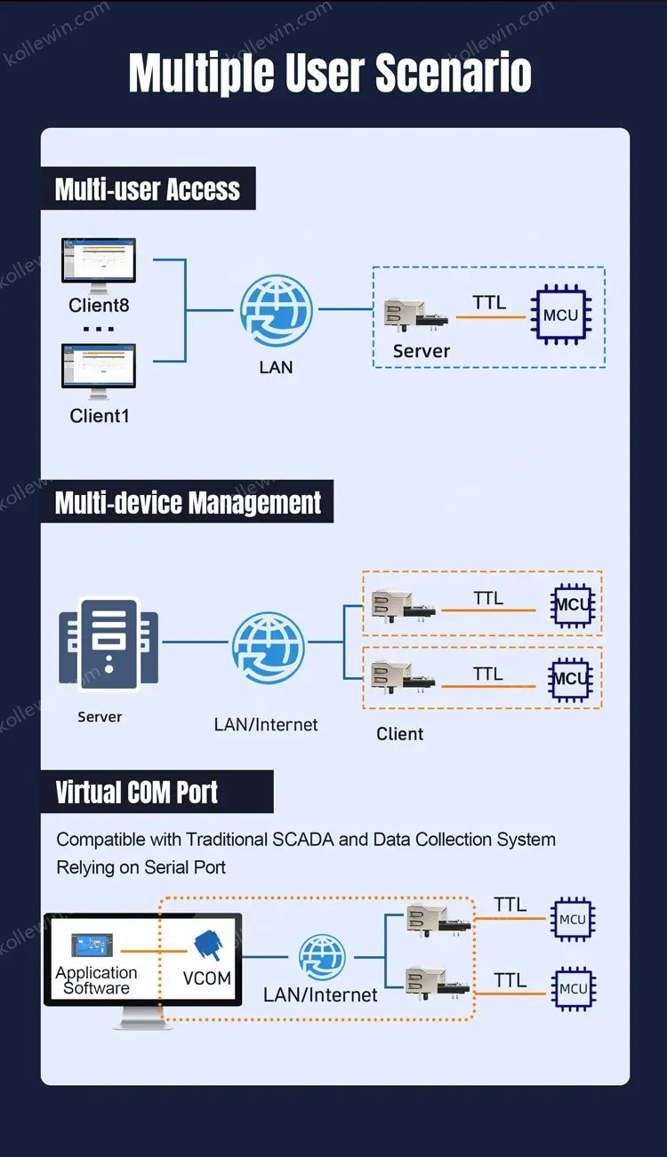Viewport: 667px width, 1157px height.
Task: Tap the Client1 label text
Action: (100, 416)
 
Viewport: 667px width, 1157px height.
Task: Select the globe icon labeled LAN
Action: (276, 310)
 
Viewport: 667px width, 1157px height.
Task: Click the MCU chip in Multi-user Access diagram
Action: (561, 315)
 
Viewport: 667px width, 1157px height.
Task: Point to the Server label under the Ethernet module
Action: (422, 351)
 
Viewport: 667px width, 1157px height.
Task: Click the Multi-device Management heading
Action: (188, 503)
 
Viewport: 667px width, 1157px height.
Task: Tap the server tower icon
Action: (108, 643)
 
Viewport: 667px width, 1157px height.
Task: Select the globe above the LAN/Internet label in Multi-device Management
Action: (268, 648)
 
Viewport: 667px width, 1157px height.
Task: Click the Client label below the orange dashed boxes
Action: (399, 733)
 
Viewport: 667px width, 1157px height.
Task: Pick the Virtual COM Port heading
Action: (136, 792)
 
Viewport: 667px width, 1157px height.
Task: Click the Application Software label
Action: (96, 980)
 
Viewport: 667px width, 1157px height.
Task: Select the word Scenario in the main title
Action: (454, 72)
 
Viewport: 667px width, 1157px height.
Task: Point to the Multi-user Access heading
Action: (148, 189)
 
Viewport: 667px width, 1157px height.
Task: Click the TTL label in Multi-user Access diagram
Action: (489, 302)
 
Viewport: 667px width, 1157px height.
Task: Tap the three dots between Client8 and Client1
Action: (98, 329)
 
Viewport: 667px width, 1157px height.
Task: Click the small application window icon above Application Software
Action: (92, 945)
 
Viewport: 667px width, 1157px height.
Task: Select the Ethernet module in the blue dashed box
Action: (415, 314)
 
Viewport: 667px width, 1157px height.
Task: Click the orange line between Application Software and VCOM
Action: (154, 951)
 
